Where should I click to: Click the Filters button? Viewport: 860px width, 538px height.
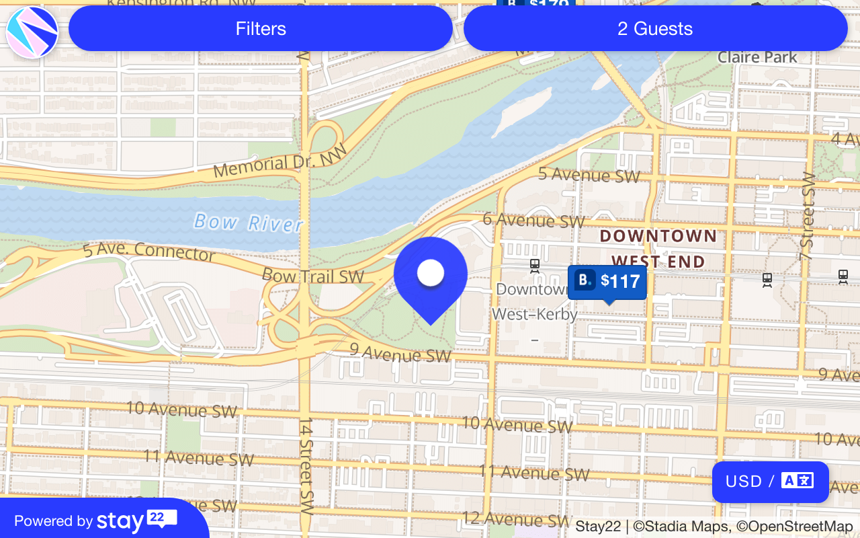pos(261,29)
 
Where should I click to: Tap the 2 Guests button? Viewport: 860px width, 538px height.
pos(655,29)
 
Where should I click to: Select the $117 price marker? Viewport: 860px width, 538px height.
pos(607,281)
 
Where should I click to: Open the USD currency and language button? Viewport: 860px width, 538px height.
pos(770,482)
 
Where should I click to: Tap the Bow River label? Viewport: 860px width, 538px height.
pos(248,222)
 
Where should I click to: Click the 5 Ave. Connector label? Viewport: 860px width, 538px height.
pos(148,252)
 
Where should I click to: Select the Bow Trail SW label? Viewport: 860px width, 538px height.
pos(312,276)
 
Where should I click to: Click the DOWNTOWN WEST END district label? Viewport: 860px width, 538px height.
pos(658,248)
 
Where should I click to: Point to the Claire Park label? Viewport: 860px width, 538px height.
pos(757,58)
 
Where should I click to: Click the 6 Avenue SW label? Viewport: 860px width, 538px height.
pos(534,220)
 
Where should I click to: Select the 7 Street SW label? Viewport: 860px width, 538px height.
pos(807,217)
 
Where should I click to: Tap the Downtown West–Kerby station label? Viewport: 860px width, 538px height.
pos(535,301)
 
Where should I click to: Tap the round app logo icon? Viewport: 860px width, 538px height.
pos(32,32)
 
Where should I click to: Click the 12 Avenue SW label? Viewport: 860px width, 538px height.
pos(515,519)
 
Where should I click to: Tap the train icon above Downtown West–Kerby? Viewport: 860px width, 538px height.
pos(535,266)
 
